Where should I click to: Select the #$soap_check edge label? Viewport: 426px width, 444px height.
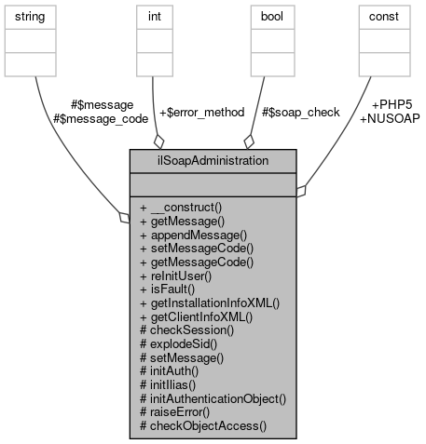click(299, 112)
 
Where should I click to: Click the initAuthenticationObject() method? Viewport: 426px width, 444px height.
click(212, 397)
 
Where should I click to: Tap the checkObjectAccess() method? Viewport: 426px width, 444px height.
click(202, 424)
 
